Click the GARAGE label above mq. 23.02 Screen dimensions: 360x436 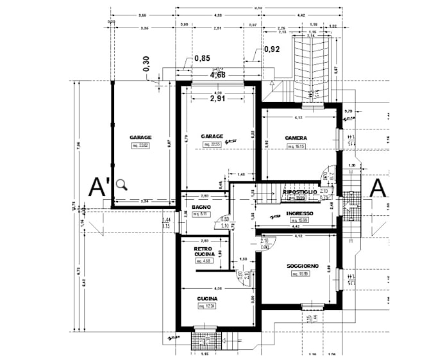coord(140,138)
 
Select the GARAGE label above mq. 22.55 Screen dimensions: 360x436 coord(212,136)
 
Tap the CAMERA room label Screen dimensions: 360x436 coord(296,138)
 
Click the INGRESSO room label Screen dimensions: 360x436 coord(299,213)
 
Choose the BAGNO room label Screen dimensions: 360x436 coord(202,207)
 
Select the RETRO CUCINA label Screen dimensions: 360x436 coord(204,252)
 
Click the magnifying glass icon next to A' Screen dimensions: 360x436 coord(122,185)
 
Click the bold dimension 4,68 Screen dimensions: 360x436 coord(217,75)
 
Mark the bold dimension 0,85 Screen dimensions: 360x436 coord(202,58)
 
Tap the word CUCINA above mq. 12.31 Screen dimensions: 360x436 coord(207,299)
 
